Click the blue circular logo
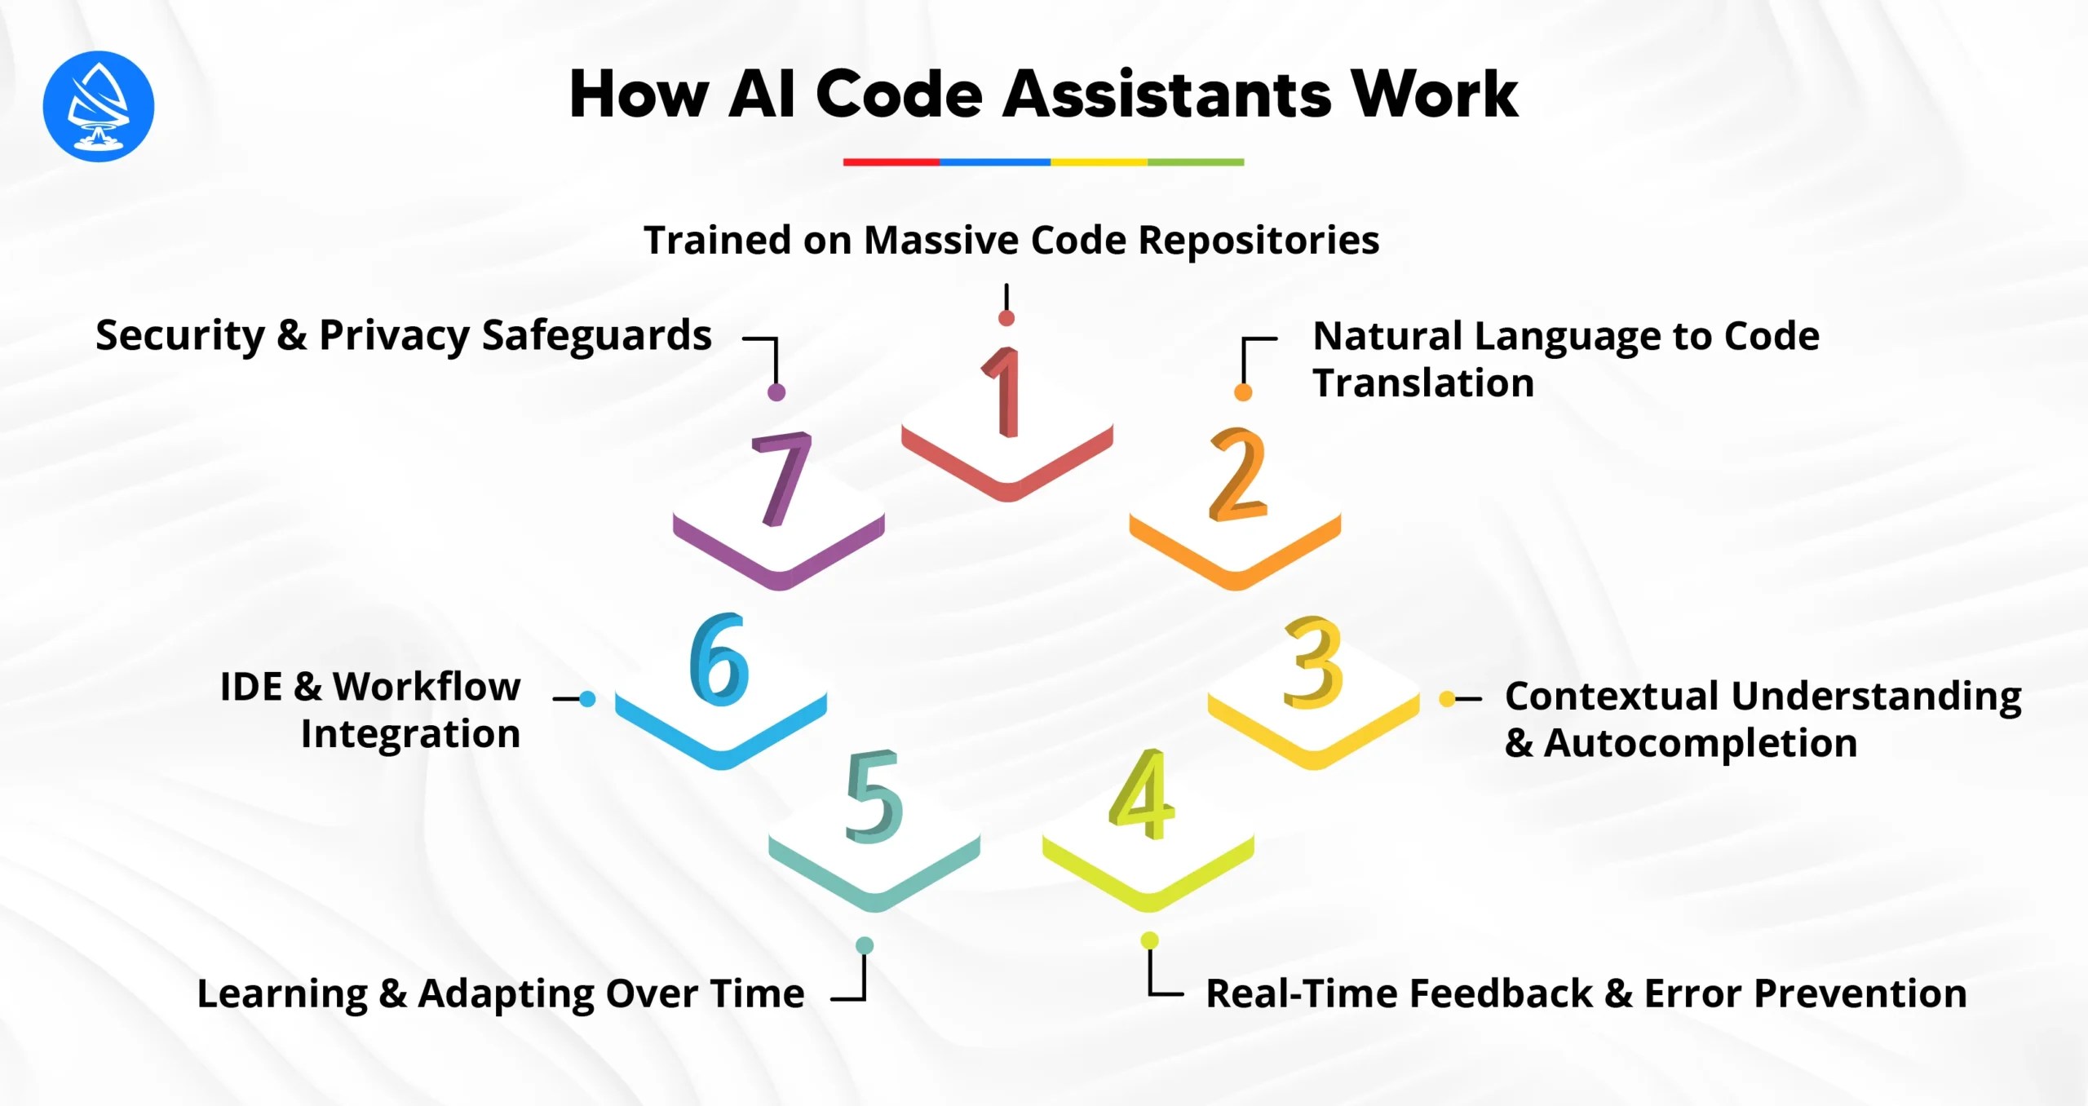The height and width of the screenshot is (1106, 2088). click(98, 106)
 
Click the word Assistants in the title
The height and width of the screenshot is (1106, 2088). click(1166, 95)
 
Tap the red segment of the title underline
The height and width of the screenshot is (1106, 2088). click(891, 162)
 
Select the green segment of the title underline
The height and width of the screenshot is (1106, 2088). click(1195, 162)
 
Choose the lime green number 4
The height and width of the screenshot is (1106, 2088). click(1142, 795)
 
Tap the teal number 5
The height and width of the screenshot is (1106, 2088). click(874, 797)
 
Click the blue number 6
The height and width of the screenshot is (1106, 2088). click(719, 659)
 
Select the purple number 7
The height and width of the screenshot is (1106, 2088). click(781, 479)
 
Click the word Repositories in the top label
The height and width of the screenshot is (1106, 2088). click(1258, 241)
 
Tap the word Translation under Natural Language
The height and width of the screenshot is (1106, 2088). click(1423, 383)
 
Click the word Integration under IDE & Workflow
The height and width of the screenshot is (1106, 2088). click(410, 734)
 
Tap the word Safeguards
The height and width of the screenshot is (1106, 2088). click(596, 336)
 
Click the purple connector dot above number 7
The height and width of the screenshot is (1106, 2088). click(776, 392)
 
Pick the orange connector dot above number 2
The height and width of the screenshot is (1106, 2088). click(1243, 392)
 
